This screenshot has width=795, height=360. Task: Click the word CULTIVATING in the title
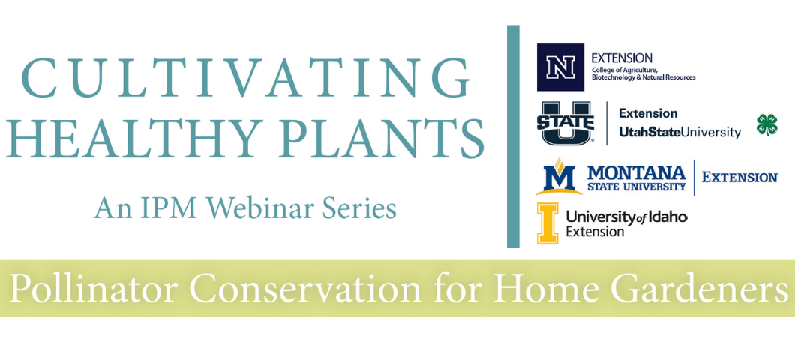[246, 79]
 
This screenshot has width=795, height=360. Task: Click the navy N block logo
[560, 67]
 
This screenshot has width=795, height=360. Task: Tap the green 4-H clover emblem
[766, 124]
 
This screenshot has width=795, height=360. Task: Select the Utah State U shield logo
[565, 123]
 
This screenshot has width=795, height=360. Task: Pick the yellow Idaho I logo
[547, 223]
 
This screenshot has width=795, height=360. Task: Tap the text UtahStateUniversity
[680, 133]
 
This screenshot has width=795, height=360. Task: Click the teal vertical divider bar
[513, 136]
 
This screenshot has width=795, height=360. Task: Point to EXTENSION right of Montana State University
[739, 178]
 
